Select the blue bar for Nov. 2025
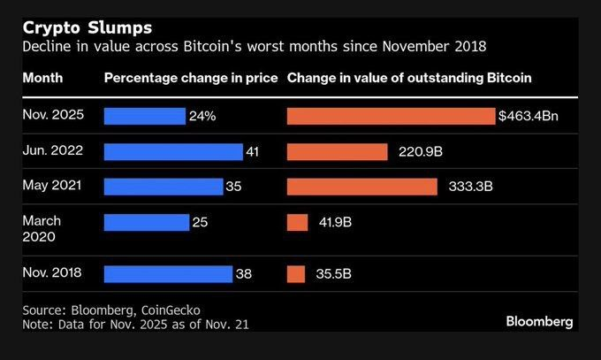pyautogui.click(x=145, y=117)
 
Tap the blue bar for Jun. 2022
pyautogui.click(x=173, y=151)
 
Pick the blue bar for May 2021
pyautogui.click(x=164, y=187)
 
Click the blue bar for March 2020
pyautogui.click(x=147, y=222)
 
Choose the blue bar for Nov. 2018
pyautogui.click(x=168, y=274)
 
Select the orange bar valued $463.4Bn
pyautogui.click(x=391, y=117)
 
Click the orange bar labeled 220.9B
pyautogui.click(x=338, y=151)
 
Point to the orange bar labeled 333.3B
pyautogui.click(x=362, y=187)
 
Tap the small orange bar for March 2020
pyautogui.click(x=298, y=222)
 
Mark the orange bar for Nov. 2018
pyautogui.click(x=296, y=274)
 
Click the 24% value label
pyautogui.click(x=201, y=117)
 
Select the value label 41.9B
pyautogui.click(x=335, y=223)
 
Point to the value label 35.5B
pyautogui.click(x=334, y=275)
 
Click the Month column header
pyautogui.click(x=42, y=78)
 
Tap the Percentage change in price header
pyautogui.click(x=190, y=78)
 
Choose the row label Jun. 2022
pyautogui.click(x=53, y=150)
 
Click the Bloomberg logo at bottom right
pyautogui.click(x=539, y=320)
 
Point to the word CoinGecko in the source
pyautogui.click(x=170, y=310)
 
